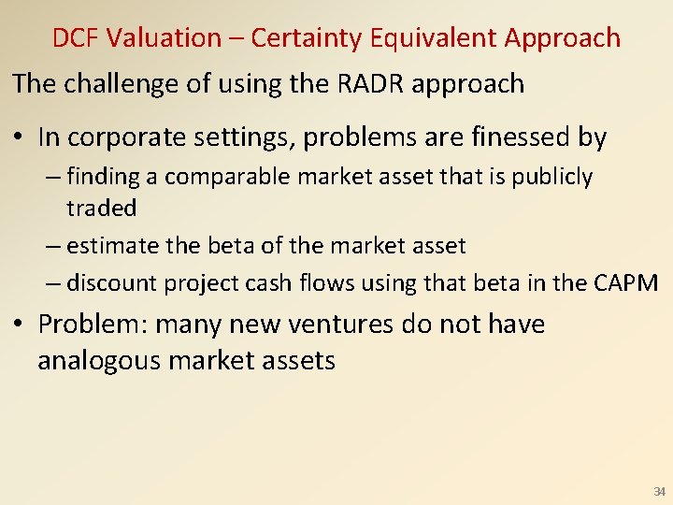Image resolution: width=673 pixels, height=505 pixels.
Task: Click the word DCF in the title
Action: click(76, 38)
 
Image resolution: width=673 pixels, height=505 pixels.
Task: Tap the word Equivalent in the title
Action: click(435, 38)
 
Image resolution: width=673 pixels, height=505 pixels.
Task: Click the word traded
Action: click(101, 208)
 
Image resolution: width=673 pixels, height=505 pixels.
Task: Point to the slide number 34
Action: click(659, 491)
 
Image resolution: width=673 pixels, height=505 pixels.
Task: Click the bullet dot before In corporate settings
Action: click(21, 138)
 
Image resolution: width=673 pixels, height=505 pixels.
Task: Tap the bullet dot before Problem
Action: click(21, 325)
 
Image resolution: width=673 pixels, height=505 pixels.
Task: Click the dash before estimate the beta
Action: click(52, 246)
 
